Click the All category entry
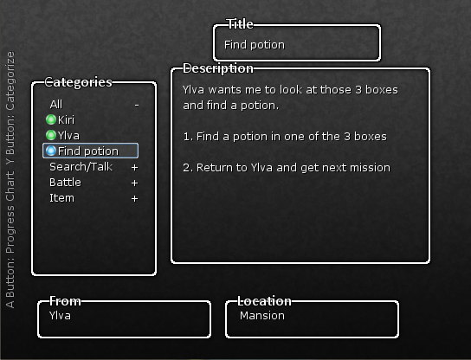coord(56,105)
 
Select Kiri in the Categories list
coord(66,120)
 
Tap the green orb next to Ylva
coord(51,135)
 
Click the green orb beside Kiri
coord(51,119)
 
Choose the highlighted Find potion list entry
coord(90,151)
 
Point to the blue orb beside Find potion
coord(51,151)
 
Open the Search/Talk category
coord(81,167)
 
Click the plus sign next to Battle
coord(134,183)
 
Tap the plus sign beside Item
coord(134,198)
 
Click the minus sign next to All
coord(137,105)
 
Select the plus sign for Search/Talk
coord(134,167)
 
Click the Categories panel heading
coord(79,82)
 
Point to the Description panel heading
coord(218,68)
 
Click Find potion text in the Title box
coord(255,45)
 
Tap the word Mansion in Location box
coord(262,316)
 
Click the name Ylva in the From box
coord(60,316)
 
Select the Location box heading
coord(264,301)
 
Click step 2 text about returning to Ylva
coord(287,168)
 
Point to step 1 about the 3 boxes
coord(285,137)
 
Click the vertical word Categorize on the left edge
coord(10,81)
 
